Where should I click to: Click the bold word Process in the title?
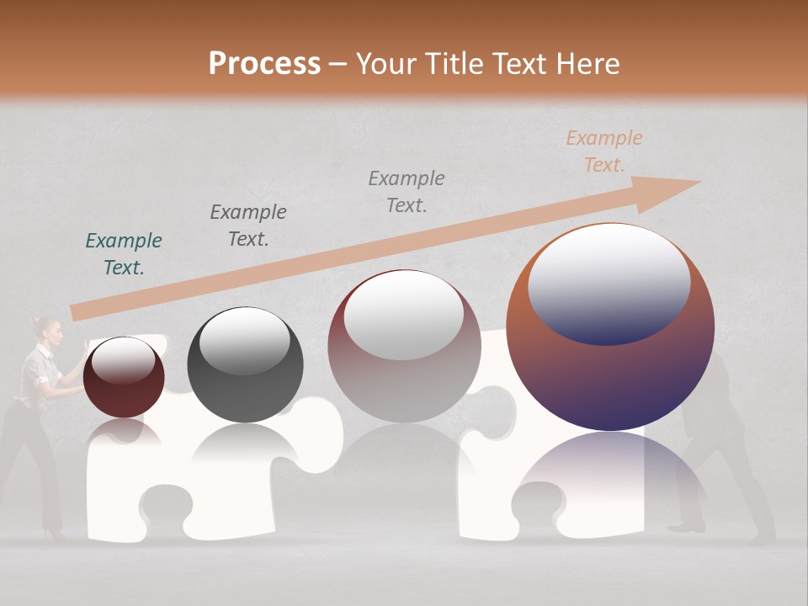(264, 63)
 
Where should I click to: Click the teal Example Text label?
(124, 254)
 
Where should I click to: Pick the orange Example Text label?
(603, 151)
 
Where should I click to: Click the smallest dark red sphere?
(124, 377)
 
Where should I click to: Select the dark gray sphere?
(245, 365)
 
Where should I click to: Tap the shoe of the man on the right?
(688, 527)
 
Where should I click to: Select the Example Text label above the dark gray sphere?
(248, 226)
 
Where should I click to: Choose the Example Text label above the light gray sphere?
(407, 192)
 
